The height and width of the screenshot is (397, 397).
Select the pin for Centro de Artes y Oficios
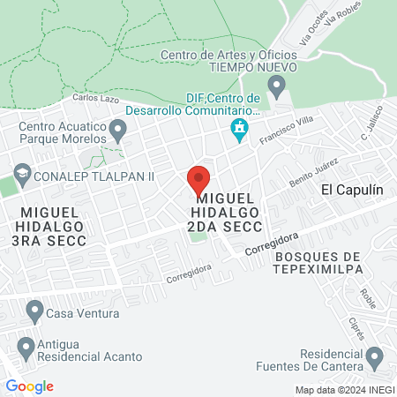[277, 87]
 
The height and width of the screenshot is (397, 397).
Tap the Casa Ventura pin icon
[34, 311]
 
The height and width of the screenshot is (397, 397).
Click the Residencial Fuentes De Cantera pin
[375, 358]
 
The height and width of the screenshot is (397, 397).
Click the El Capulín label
[352, 189]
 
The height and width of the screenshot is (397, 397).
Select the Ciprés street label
[358, 326]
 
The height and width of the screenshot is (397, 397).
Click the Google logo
[29, 386]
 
